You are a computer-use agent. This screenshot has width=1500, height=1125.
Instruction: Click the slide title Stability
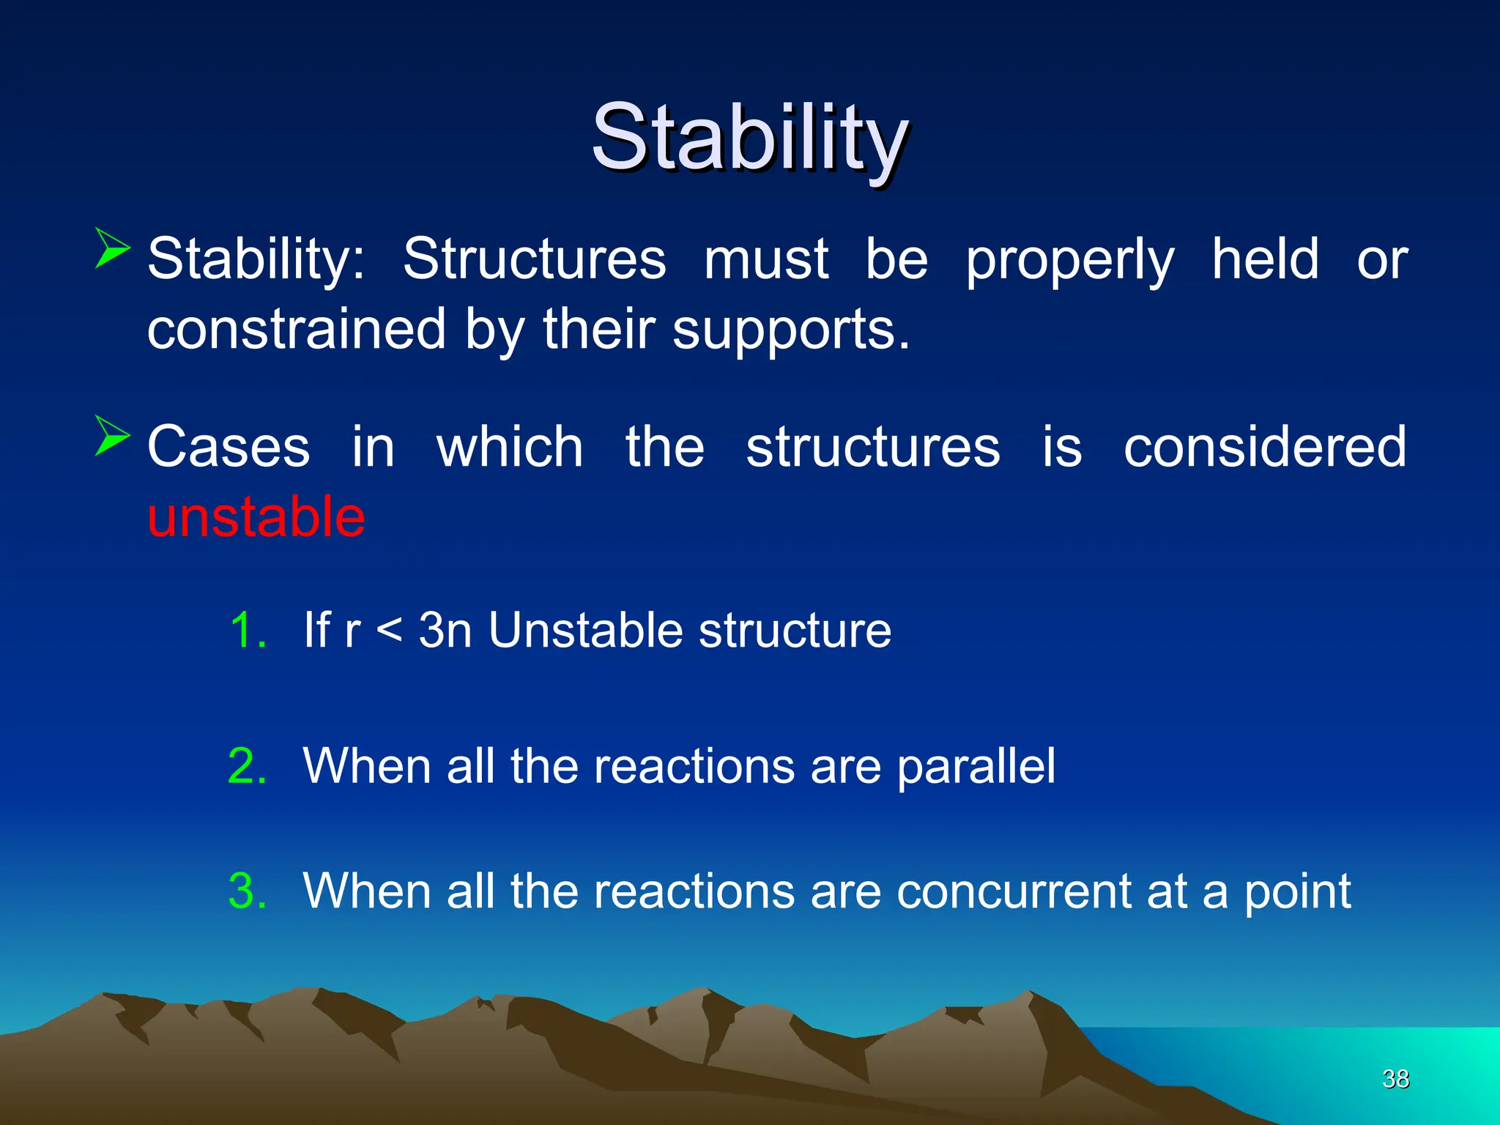pos(750,138)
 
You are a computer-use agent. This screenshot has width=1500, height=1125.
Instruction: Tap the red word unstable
pos(256,517)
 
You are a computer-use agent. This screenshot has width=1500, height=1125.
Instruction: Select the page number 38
pos(1395,1079)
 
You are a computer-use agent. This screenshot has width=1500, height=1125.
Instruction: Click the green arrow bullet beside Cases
pos(111,436)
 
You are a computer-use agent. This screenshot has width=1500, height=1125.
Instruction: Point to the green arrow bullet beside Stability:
pos(111,248)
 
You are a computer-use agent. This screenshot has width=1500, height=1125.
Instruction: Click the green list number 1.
pos(248,630)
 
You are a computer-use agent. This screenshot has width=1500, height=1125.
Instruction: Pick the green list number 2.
pos(248,766)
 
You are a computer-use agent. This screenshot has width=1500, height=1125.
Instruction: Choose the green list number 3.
pos(248,891)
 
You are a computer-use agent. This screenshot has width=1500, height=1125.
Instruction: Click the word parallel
pos(976,766)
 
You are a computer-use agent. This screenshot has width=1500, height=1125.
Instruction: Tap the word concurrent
pos(1014,891)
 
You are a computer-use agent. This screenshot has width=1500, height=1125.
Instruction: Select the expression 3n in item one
pos(445,630)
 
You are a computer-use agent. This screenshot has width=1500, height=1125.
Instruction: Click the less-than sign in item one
pos(389,630)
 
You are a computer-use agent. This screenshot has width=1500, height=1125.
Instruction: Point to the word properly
pos(1070,260)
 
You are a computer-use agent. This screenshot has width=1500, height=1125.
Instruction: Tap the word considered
pos(1265,447)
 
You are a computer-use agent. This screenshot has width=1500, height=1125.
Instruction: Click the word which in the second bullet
pos(510,447)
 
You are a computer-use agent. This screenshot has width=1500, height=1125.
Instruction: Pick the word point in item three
pos(1297,891)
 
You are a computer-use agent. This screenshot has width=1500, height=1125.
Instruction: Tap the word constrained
pos(297,330)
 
